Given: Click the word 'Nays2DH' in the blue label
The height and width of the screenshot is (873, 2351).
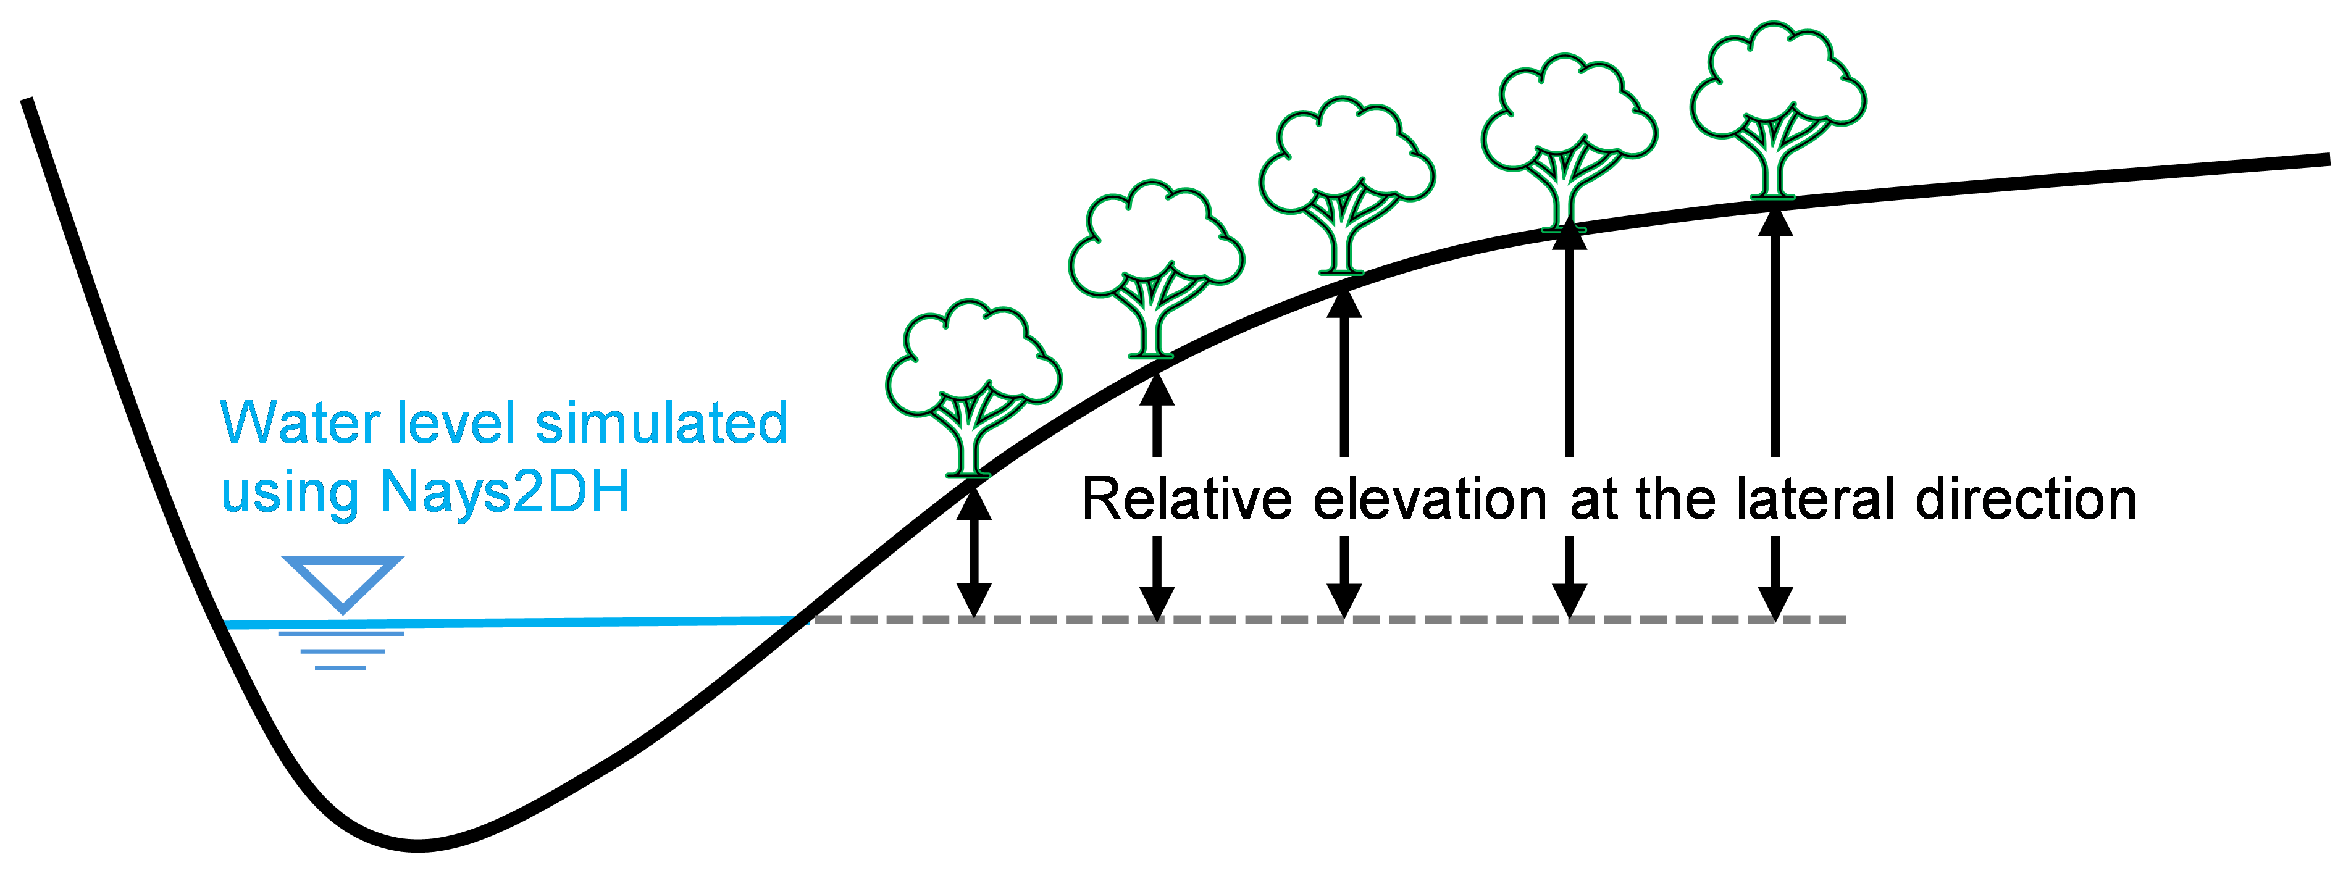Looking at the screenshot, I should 505,493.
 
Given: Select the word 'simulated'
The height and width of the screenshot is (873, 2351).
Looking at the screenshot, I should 661,424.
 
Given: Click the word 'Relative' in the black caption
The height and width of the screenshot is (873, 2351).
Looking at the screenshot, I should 1186,500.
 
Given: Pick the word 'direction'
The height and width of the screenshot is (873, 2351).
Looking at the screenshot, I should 2026,500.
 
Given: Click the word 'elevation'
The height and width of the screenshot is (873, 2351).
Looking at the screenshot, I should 1430,500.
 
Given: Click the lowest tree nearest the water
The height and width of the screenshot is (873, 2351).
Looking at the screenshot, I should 973,383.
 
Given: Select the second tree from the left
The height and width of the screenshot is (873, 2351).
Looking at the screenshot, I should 1155,264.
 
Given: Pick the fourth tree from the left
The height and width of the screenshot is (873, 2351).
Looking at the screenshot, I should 1569,137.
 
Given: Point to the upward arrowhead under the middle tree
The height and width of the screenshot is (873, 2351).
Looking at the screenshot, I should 1343,304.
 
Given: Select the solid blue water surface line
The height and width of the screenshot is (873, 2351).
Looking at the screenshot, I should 511,623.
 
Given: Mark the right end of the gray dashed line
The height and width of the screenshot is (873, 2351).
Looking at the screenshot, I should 1842,619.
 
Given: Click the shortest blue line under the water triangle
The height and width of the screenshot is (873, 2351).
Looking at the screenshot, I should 340,668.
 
